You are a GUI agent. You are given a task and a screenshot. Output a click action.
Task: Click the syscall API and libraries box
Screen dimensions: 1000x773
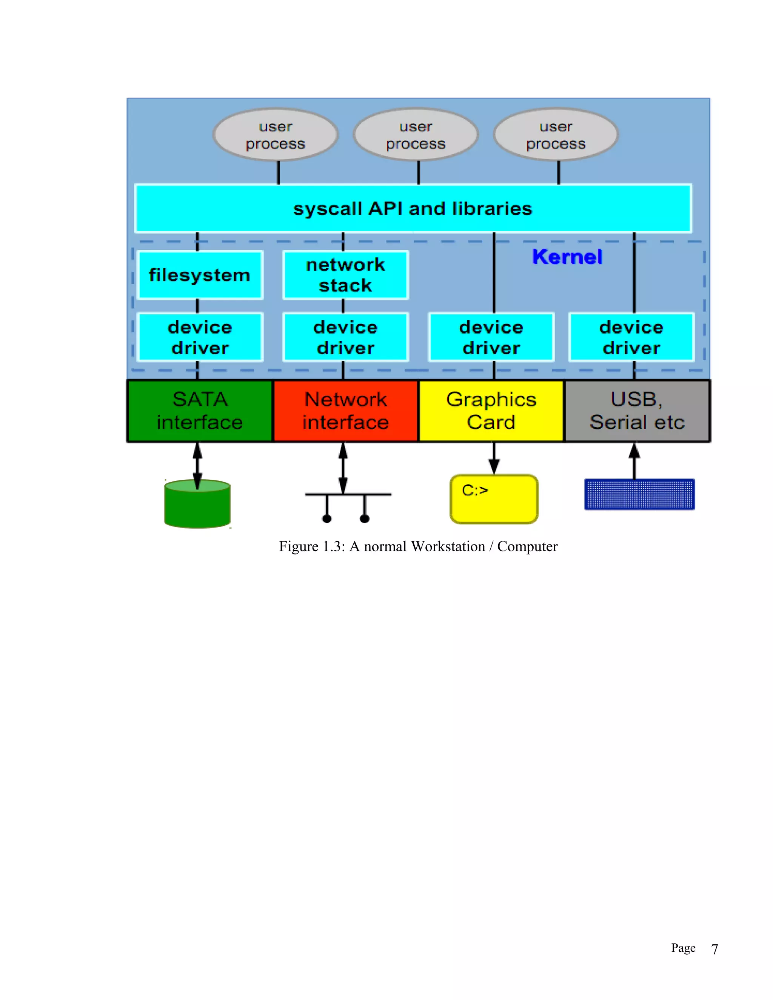click(413, 209)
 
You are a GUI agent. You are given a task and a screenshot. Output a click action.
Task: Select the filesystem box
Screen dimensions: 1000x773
click(200, 275)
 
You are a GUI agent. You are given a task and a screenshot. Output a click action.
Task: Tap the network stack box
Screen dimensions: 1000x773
click(345, 275)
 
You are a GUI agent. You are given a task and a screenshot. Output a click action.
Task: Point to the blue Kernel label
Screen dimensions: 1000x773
click(567, 257)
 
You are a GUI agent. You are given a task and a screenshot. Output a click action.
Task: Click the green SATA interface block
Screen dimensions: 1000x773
click(200, 411)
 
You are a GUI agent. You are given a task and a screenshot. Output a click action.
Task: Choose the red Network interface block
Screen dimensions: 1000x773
click(345, 411)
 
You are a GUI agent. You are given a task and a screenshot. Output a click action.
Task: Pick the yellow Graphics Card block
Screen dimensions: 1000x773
click(491, 411)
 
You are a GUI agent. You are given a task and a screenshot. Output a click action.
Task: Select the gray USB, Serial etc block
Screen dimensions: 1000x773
click(637, 411)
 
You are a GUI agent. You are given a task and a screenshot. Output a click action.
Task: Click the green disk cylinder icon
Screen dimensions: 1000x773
click(197, 505)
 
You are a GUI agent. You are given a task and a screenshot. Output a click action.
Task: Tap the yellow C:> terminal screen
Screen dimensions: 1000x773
click(494, 499)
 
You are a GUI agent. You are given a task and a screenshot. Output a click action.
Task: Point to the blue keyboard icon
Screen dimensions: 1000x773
click(639, 494)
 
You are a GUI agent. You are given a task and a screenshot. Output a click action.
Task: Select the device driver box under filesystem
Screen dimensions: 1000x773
click(200, 337)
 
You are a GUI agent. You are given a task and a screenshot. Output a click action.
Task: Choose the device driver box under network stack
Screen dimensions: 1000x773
click(345, 337)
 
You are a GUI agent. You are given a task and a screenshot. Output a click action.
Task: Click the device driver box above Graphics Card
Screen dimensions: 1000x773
click(491, 337)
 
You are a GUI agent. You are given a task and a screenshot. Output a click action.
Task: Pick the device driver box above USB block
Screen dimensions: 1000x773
click(631, 337)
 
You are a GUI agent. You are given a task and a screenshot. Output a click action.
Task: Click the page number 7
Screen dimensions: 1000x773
click(714, 949)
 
